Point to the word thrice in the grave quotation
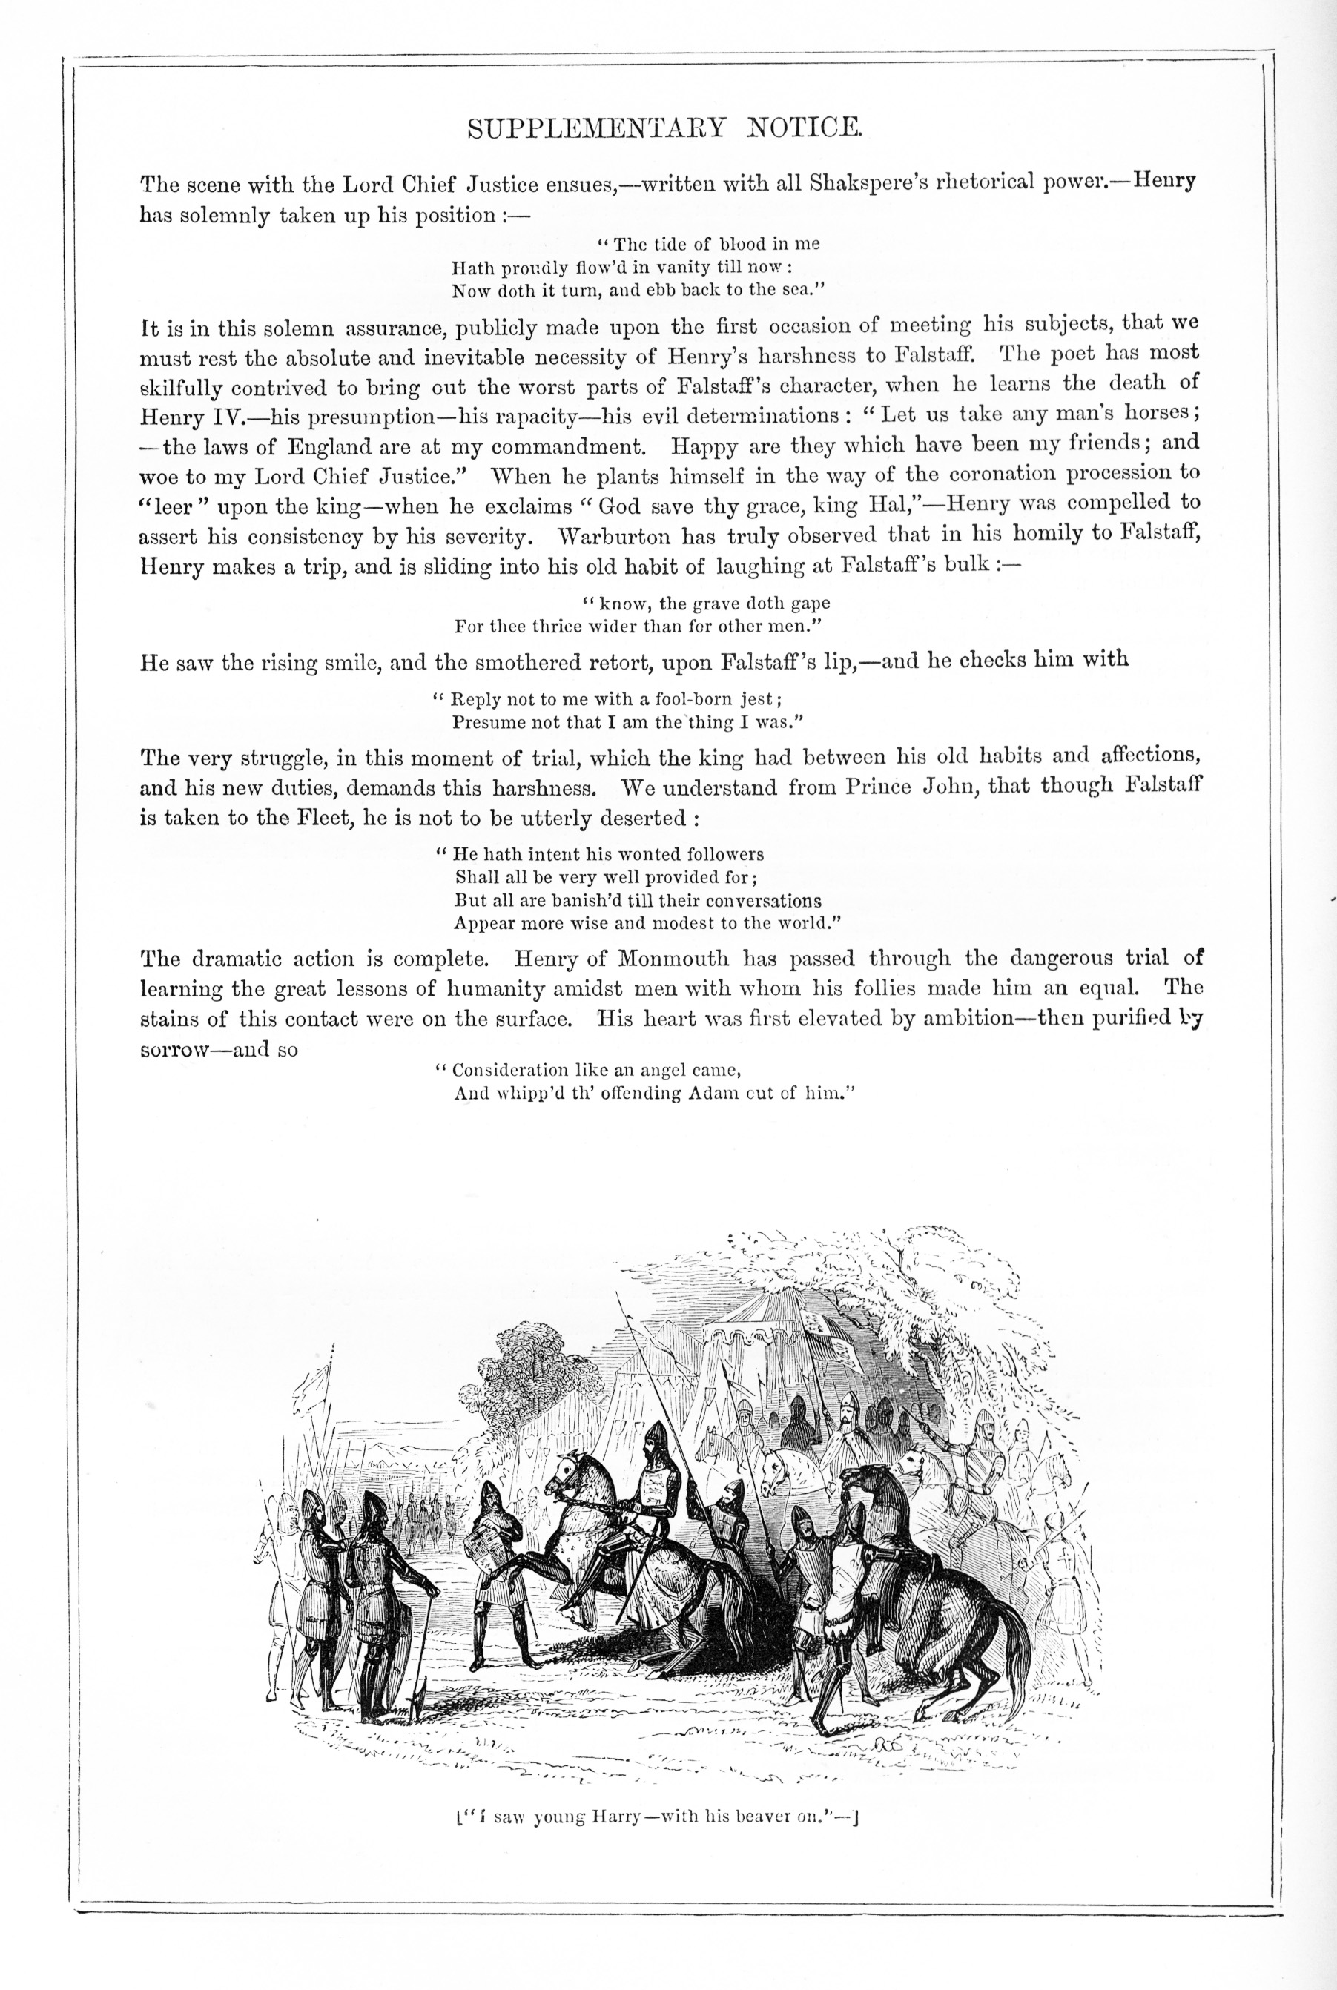pos(531,627)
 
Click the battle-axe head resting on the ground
pos(415,1709)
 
